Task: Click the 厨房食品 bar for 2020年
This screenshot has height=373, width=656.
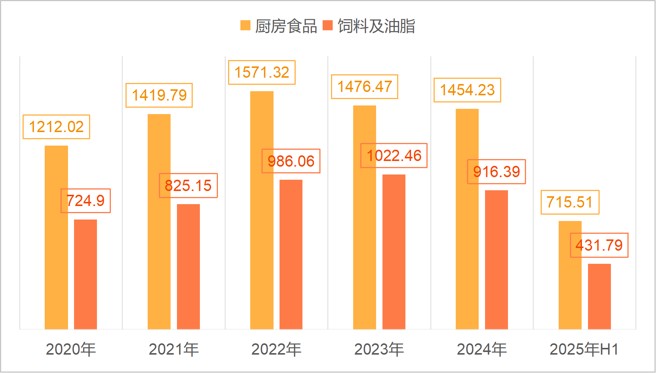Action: [56, 237]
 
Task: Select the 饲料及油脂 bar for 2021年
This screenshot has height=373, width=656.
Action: [188, 266]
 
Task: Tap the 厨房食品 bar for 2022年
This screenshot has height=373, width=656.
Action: [261, 210]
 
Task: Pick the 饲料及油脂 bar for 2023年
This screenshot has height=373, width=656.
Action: [394, 251]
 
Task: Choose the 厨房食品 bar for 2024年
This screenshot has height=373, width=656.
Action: [467, 219]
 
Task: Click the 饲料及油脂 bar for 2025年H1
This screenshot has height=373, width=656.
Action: [599, 296]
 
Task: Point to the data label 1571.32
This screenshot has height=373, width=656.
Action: [261, 72]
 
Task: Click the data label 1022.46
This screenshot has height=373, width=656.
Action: [394, 156]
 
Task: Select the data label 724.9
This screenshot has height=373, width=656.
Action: [86, 201]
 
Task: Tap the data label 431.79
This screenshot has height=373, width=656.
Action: [599, 245]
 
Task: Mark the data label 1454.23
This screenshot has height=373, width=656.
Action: [467, 90]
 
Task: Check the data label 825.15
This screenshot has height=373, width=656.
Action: [188, 186]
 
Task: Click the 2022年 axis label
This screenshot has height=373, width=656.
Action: [276, 349]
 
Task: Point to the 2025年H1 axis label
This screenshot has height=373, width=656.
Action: [584, 349]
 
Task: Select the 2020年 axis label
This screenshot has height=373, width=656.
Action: [71, 349]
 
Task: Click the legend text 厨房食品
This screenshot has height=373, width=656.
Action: [286, 26]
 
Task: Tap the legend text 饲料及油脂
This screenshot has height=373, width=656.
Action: [376, 26]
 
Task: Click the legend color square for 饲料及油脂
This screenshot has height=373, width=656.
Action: [328, 25]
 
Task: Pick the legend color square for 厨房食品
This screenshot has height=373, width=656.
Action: [245, 25]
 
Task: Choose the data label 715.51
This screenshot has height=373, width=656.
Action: [570, 202]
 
